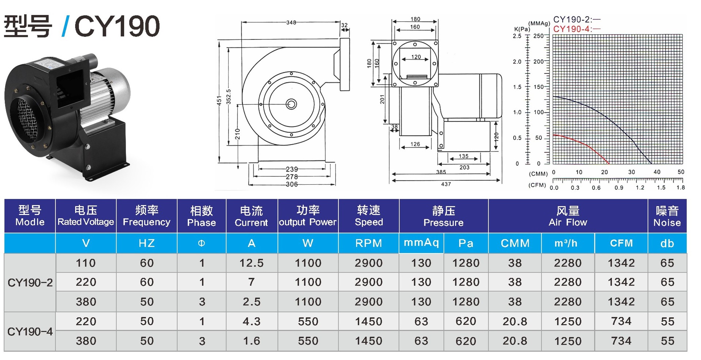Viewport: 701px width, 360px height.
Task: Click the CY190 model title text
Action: [117, 26]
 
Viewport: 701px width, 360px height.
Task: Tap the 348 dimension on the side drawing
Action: [291, 23]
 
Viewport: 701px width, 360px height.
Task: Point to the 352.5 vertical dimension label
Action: [229, 97]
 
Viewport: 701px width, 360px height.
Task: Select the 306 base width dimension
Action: [292, 184]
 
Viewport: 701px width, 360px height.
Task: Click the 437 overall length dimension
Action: [446, 184]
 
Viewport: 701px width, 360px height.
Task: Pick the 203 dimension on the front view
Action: [464, 168]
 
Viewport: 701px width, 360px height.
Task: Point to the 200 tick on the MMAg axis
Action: [539, 62]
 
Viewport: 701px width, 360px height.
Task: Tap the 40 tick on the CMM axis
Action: [657, 172]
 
